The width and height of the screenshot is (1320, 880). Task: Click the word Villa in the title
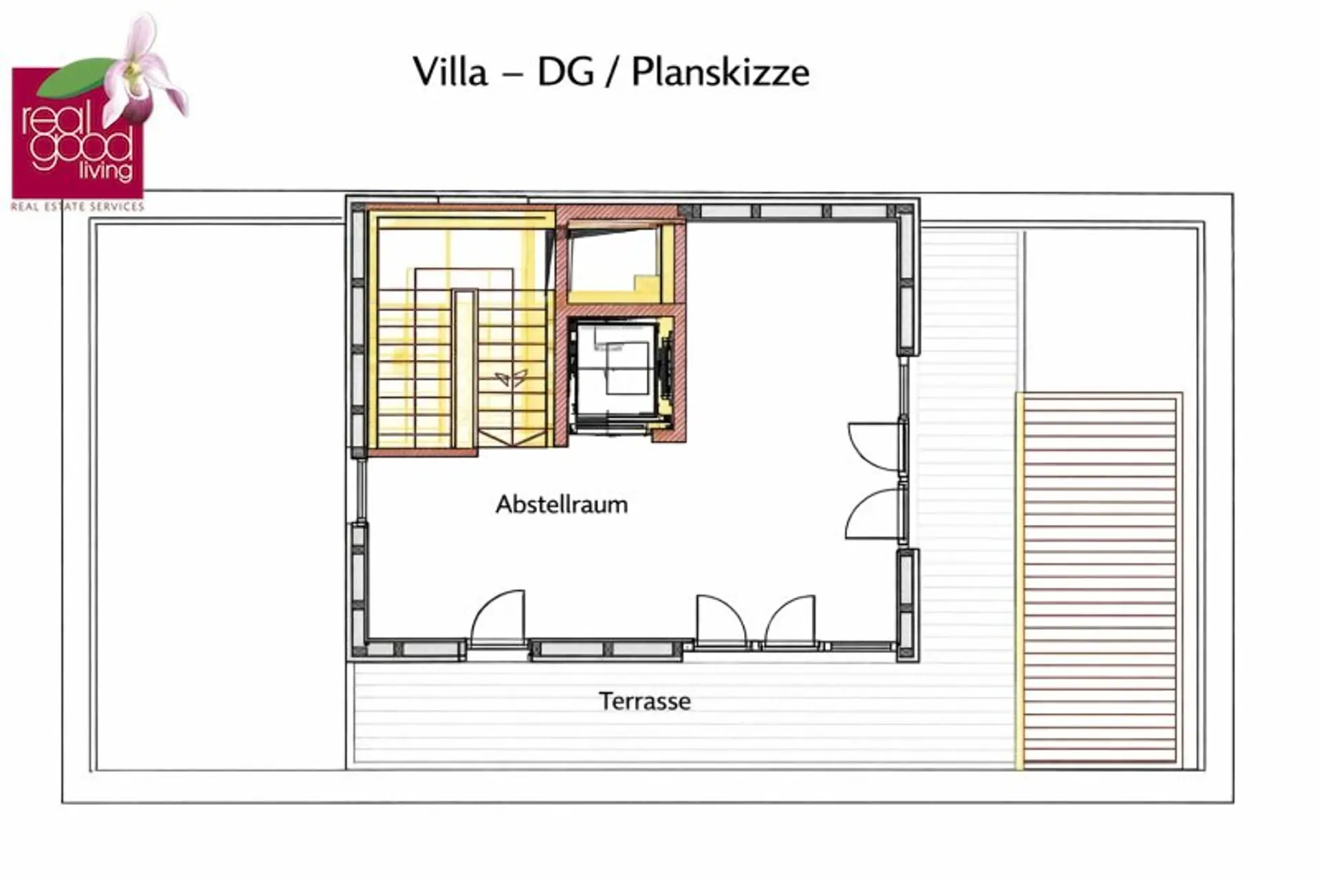coord(450,72)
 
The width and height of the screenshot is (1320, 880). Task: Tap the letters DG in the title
coord(565,72)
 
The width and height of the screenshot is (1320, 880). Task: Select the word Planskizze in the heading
coord(720,72)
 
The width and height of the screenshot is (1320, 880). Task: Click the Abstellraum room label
coord(562,504)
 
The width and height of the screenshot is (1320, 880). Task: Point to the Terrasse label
coord(645,701)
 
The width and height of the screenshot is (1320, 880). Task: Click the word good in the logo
coord(82,147)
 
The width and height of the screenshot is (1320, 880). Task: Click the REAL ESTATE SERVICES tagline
coord(77,206)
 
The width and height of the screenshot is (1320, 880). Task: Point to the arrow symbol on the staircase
coord(511,377)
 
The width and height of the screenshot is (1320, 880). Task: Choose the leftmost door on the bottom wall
coord(498,617)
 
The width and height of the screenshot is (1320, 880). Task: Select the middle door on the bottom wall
coord(720,621)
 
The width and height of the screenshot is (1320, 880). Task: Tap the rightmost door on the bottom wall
coord(790,621)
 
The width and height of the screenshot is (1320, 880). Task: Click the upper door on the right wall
coord(874,447)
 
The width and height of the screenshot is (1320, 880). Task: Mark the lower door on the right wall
coord(873,514)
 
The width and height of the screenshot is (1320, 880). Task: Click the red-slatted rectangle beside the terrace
coord(1100,579)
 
